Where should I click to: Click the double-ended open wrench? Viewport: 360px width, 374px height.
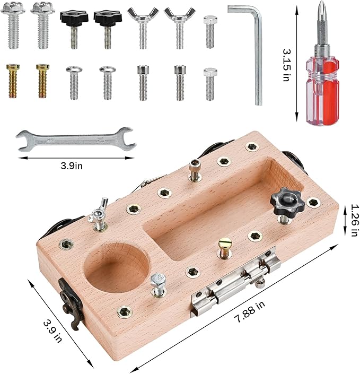[x=76, y=140]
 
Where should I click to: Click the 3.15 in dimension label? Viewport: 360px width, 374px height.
[x=287, y=65]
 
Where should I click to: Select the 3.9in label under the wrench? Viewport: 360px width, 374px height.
[x=72, y=166]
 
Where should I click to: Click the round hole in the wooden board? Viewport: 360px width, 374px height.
[x=117, y=267]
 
